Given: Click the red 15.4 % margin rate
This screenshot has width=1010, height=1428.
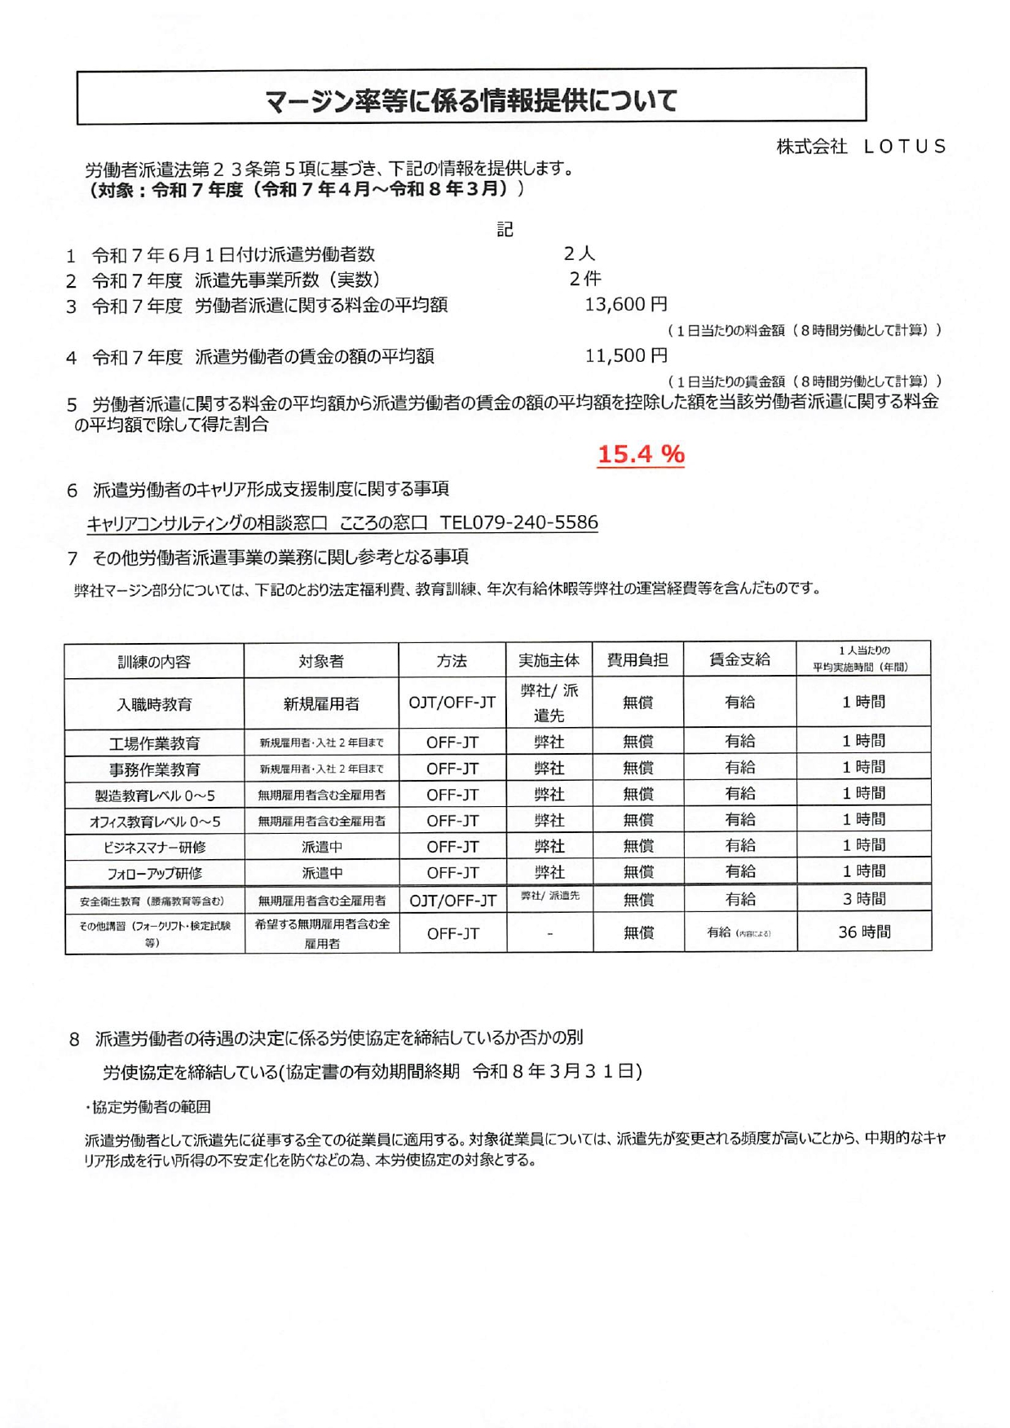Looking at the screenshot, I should (x=641, y=454).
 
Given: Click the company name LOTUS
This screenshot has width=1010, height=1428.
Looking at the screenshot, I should (x=904, y=147).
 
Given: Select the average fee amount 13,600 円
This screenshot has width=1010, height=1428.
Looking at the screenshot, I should (x=626, y=305).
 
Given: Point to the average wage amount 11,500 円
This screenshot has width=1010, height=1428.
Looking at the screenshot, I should (x=626, y=355).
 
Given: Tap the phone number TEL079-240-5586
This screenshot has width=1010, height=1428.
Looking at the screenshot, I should (x=518, y=522).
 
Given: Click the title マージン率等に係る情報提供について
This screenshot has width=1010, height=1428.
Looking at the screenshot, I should (x=471, y=100).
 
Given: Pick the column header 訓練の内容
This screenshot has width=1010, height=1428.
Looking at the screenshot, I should (x=154, y=661).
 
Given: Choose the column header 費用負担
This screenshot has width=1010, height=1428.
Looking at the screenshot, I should (x=637, y=660).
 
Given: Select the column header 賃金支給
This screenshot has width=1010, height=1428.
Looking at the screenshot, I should (x=739, y=659).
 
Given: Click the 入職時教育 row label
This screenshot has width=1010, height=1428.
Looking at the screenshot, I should (x=154, y=704).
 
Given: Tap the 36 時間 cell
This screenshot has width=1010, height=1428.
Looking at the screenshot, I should (x=864, y=932).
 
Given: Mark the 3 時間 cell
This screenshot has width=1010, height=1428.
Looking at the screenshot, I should (x=864, y=899).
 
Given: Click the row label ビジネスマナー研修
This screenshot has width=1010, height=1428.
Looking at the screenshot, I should (x=154, y=847).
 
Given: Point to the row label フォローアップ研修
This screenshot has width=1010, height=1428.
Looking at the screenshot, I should (x=154, y=873).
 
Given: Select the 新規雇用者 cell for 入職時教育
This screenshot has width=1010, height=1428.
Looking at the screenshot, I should (x=321, y=704).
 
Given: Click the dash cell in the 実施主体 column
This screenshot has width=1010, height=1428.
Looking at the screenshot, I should (x=550, y=933).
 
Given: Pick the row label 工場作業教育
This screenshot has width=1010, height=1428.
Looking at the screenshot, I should (x=154, y=743).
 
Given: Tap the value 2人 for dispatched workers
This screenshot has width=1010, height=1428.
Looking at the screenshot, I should (x=579, y=254).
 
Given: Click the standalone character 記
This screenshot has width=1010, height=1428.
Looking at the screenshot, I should (x=505, y=230).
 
